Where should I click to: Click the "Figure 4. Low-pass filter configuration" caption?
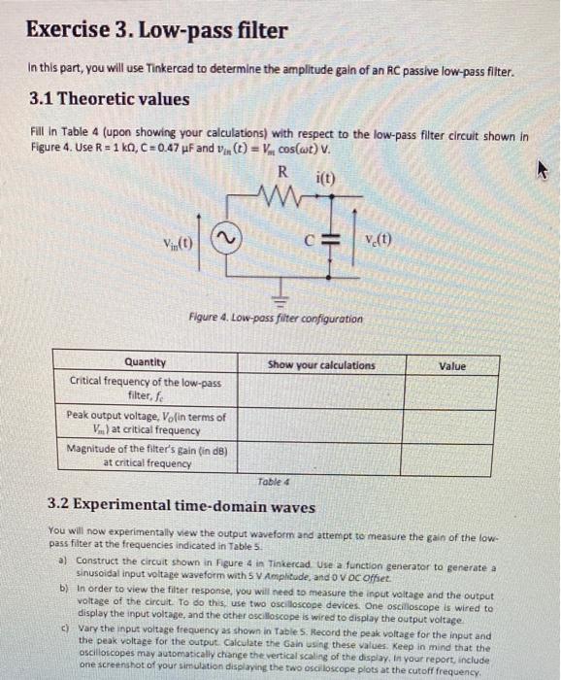pos(277,319)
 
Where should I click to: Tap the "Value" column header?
pos(451,366)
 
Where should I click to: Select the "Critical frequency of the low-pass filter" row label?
pos(146,389)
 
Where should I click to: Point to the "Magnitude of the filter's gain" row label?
pos(146,455)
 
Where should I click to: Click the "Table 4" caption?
pos(274,480)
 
